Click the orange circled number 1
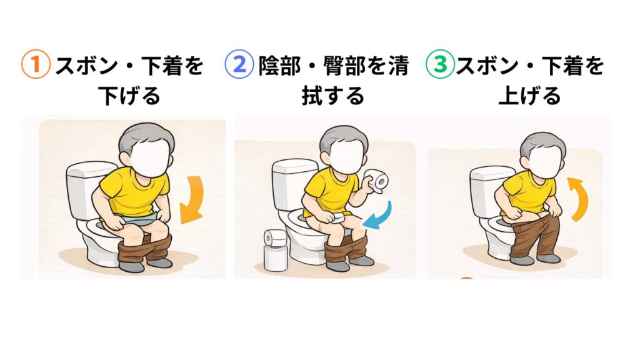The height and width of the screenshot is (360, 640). (x=36, y=64)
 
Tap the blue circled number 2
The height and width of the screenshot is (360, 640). (x=239, y=64)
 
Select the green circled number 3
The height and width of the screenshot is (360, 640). (x=440, y=64)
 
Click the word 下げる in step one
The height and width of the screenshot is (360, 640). (x=129, y=96)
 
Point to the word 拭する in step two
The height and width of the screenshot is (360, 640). (x=332, y=96)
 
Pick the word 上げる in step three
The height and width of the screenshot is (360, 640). (x=529, y=96)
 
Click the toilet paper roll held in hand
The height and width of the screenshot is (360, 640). (x=377, y=179)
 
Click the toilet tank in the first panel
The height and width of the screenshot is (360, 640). (x=86, y=189)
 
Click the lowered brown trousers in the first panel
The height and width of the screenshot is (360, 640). (x=145, y=249)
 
